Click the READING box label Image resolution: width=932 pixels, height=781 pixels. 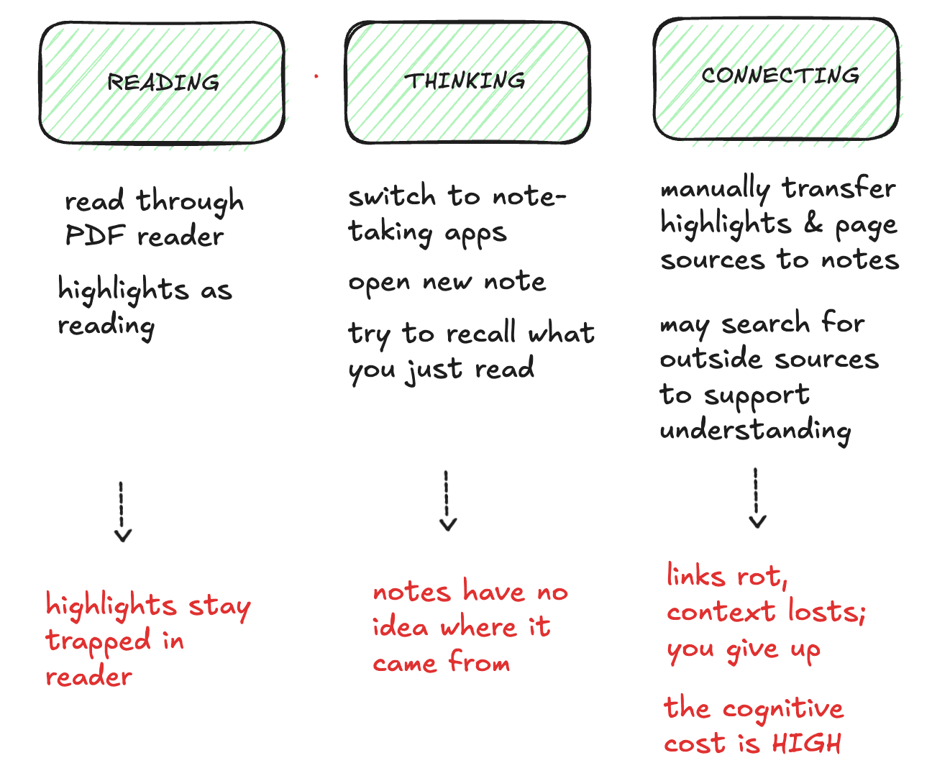(163, 82)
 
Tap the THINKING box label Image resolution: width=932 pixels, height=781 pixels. (465, 81)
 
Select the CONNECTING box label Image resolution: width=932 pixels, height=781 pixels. (780, 76)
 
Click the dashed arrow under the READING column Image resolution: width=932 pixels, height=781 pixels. (122, 511)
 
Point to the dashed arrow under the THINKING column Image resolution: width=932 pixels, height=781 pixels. (447, 501)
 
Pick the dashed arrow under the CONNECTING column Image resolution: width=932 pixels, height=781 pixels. (757, 498)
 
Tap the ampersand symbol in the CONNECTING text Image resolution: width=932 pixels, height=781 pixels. (813, 223)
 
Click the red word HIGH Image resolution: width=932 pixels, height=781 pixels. (806, 743)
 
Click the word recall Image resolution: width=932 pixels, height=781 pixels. (480, 334)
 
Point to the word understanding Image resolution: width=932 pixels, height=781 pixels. (755, 430)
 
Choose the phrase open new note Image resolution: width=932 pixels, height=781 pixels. (447, 282)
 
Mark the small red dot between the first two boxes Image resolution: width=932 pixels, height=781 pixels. (316, 76)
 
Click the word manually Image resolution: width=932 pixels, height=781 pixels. (715, 189)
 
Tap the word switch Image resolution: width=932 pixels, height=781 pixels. (392, 196)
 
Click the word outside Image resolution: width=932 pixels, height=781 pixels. (711, 359)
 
